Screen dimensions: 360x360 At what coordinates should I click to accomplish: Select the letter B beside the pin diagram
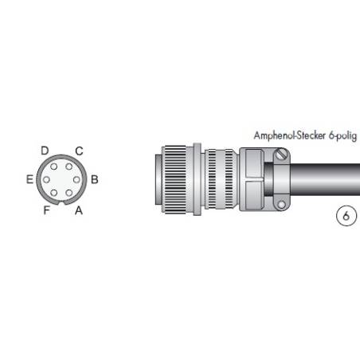(94, 180)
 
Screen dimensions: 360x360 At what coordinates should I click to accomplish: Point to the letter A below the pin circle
(78, 210)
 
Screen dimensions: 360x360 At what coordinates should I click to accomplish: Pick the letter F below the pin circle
(46, 210)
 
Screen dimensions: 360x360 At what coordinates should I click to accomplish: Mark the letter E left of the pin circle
(29, 180)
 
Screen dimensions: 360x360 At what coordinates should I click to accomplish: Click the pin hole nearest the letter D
(55, 166)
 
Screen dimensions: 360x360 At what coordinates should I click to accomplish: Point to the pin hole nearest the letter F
(55, 194)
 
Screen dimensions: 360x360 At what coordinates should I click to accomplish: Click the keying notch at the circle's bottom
(62, 204)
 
